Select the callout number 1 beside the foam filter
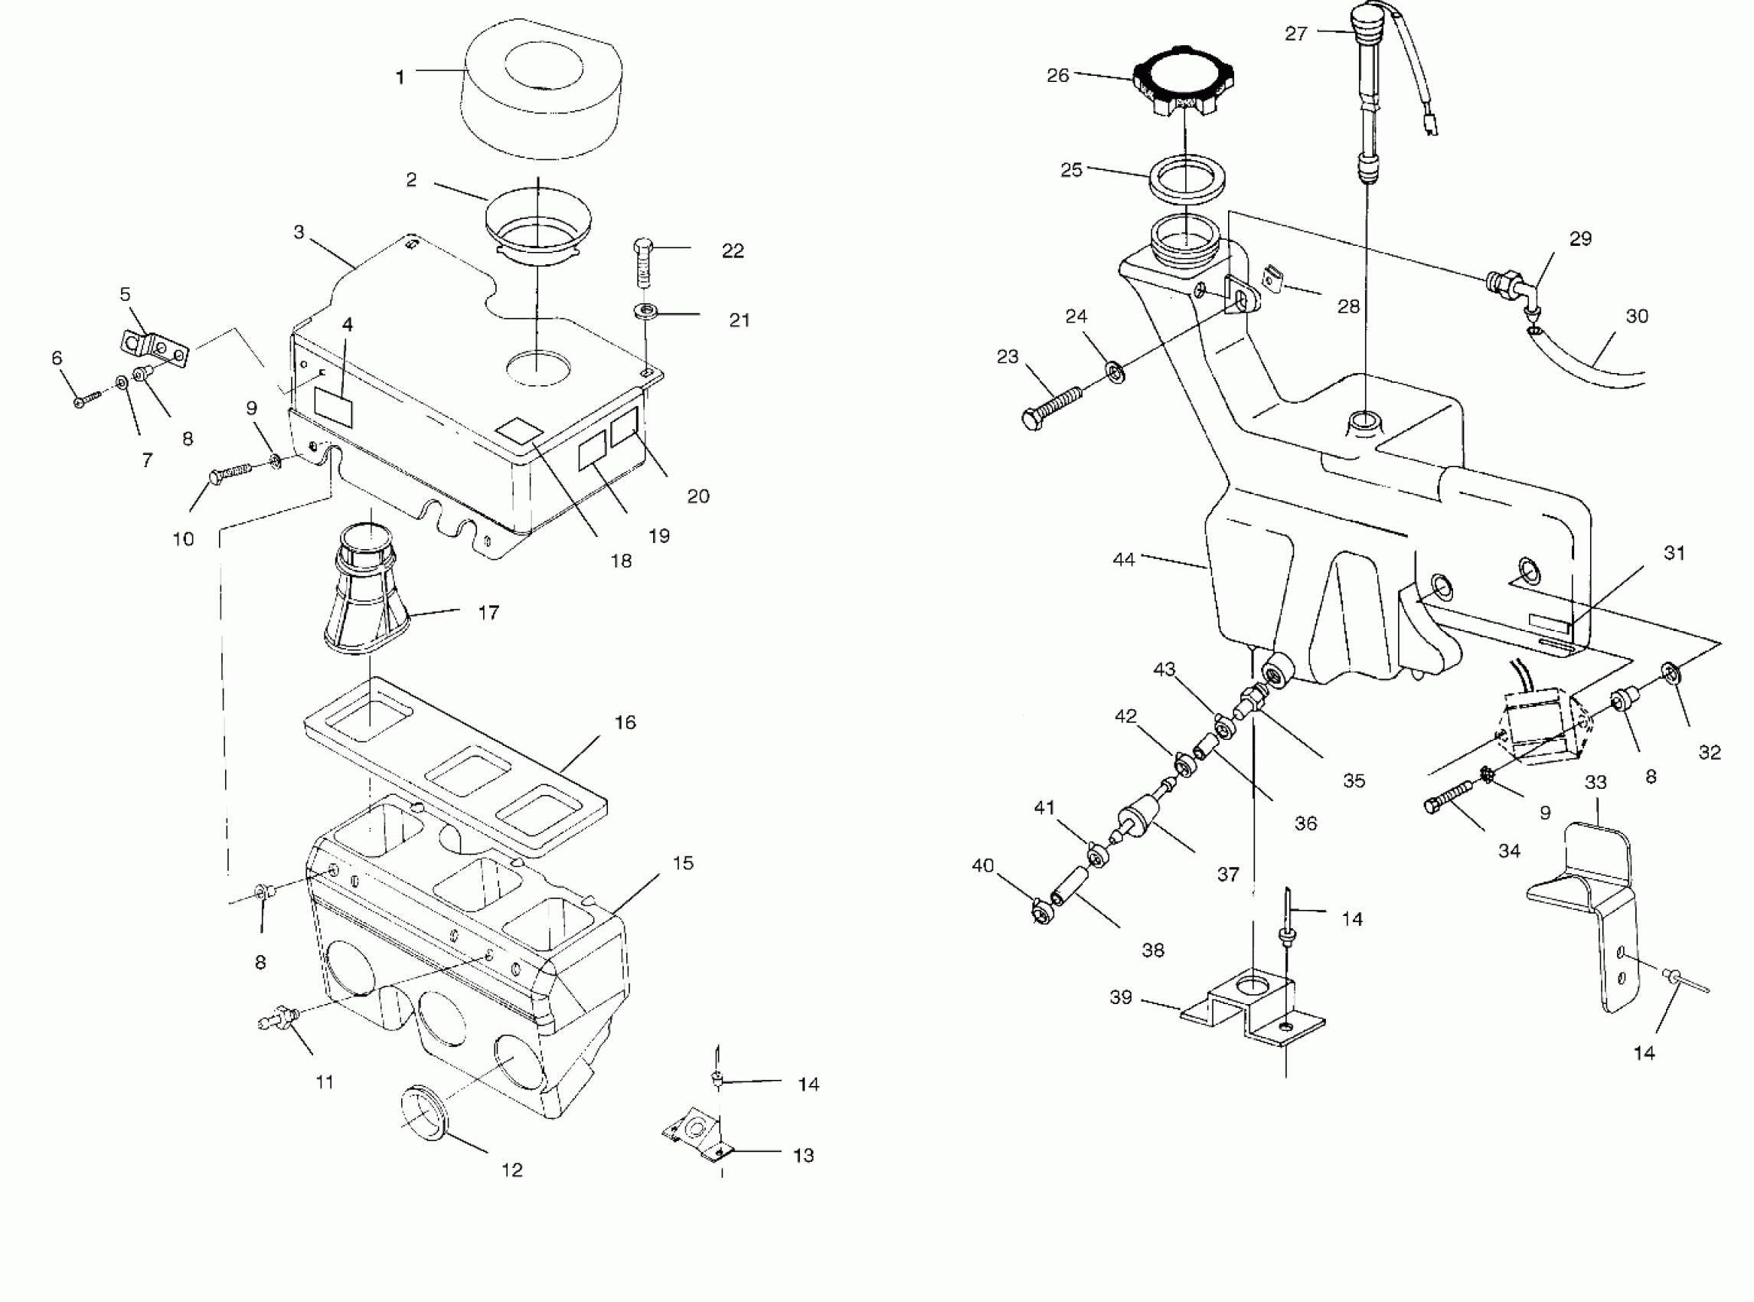tap(400, 77)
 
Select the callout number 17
tap(488, 613)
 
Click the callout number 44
tap(1124, 560)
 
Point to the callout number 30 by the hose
tap(1638, 317)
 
